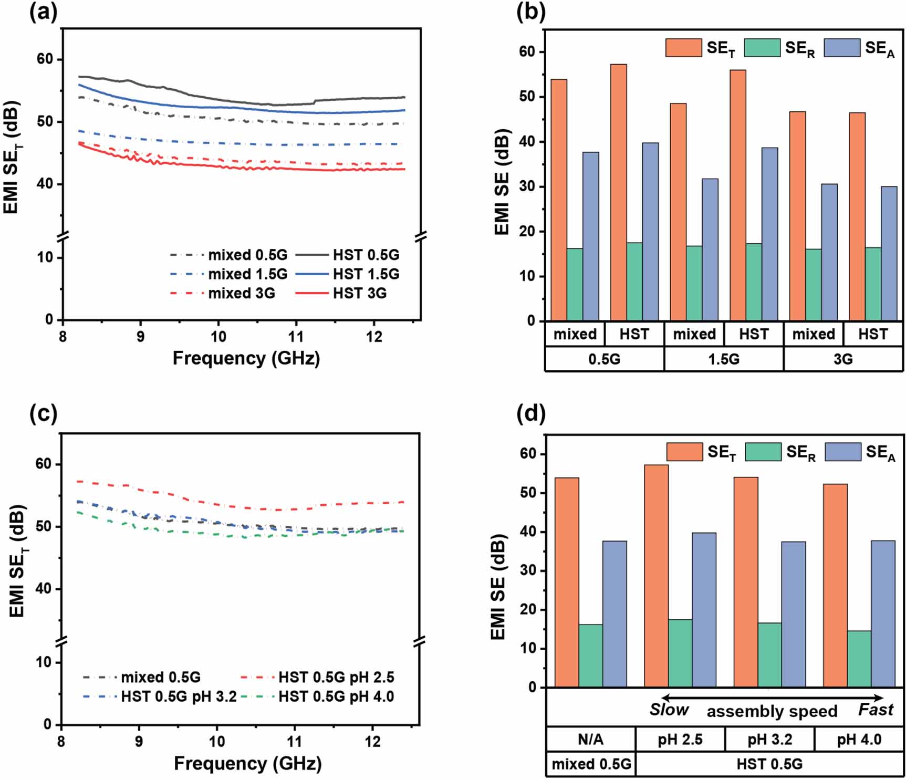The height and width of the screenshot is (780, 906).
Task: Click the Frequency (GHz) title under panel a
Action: click(x=246, y=358)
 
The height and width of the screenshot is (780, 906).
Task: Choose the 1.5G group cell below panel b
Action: click(x=723, y=359)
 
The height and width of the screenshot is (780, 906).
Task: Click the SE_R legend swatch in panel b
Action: click(x=762, y=48)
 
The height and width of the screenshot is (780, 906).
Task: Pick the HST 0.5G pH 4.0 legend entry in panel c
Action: click(x=336, y=696)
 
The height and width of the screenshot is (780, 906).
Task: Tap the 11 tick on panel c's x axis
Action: click(x=295, y=742)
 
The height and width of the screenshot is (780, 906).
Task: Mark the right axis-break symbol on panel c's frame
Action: click(x=419, y=641)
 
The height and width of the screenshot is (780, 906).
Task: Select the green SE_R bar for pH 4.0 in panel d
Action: click(x=859, y=659)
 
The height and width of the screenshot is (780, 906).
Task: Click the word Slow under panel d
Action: click(x=669, y=710)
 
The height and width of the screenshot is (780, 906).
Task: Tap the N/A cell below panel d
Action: click(x=590, y=740)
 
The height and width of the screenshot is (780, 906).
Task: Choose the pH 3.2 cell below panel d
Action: click(x=769, y=740)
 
